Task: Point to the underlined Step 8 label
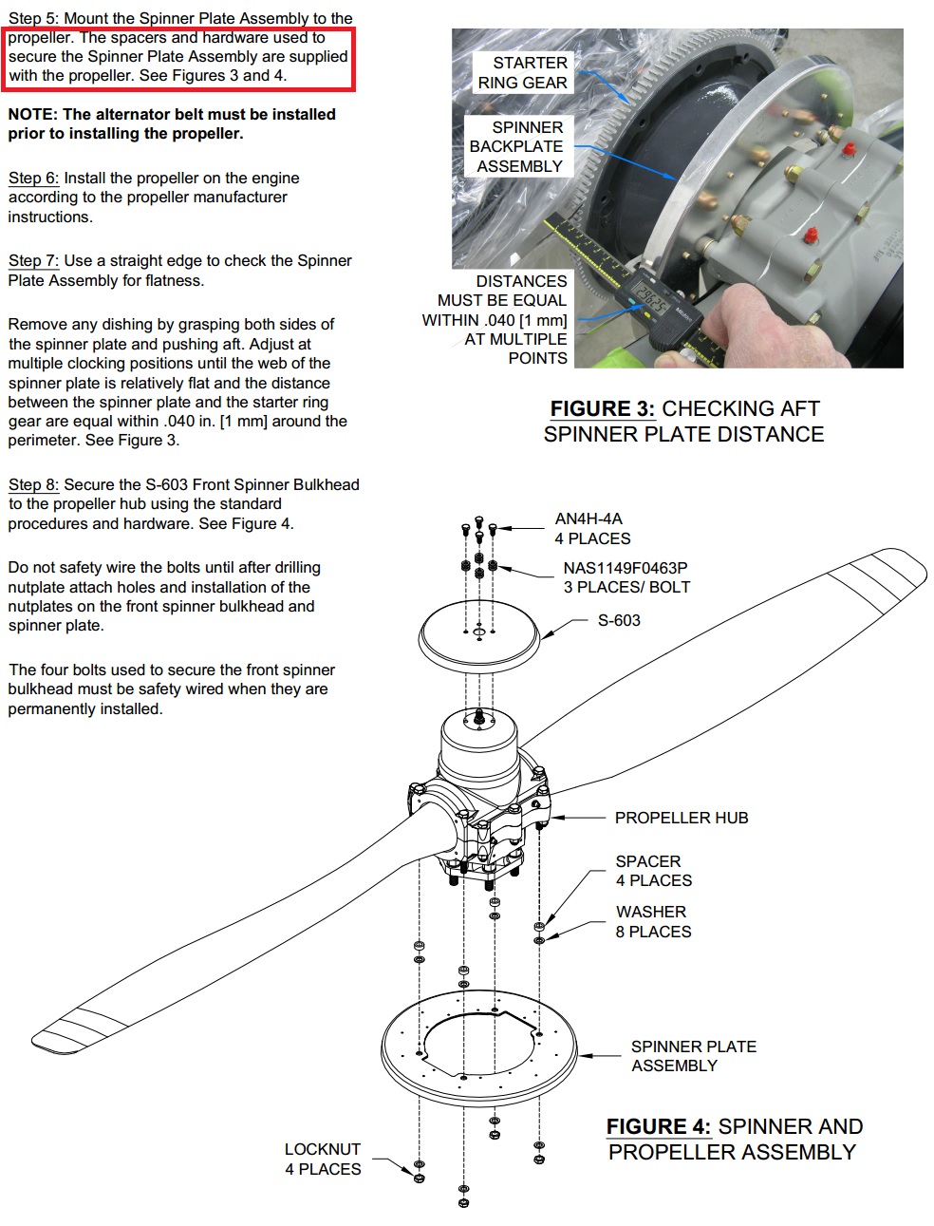tap(33, 485)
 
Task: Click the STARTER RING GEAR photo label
tap(523, 73)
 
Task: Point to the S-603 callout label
tap(619, 621)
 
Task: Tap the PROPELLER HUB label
tap(681, 818)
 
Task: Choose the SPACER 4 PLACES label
tap(653, 871)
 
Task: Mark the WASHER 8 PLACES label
tap(653, 922)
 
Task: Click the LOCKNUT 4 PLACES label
tap(323, 1160)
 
